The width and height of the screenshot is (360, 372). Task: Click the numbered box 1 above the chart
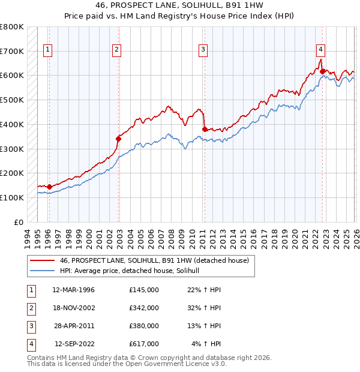point(47,50)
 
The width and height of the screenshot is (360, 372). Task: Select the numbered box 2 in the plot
point(116,50)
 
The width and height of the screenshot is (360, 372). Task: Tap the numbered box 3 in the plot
point(203,50)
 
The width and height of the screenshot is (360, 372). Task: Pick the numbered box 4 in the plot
point(321,50)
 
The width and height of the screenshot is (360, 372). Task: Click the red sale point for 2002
point(118,139)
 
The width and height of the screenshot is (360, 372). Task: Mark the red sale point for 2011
point(205,129)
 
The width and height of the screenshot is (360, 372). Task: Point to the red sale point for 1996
point(49,187)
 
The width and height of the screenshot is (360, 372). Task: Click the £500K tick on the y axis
point(12,100)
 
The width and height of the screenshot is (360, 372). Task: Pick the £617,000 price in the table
point(143,344)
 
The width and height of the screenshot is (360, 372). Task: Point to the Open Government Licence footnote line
point(127,364)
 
